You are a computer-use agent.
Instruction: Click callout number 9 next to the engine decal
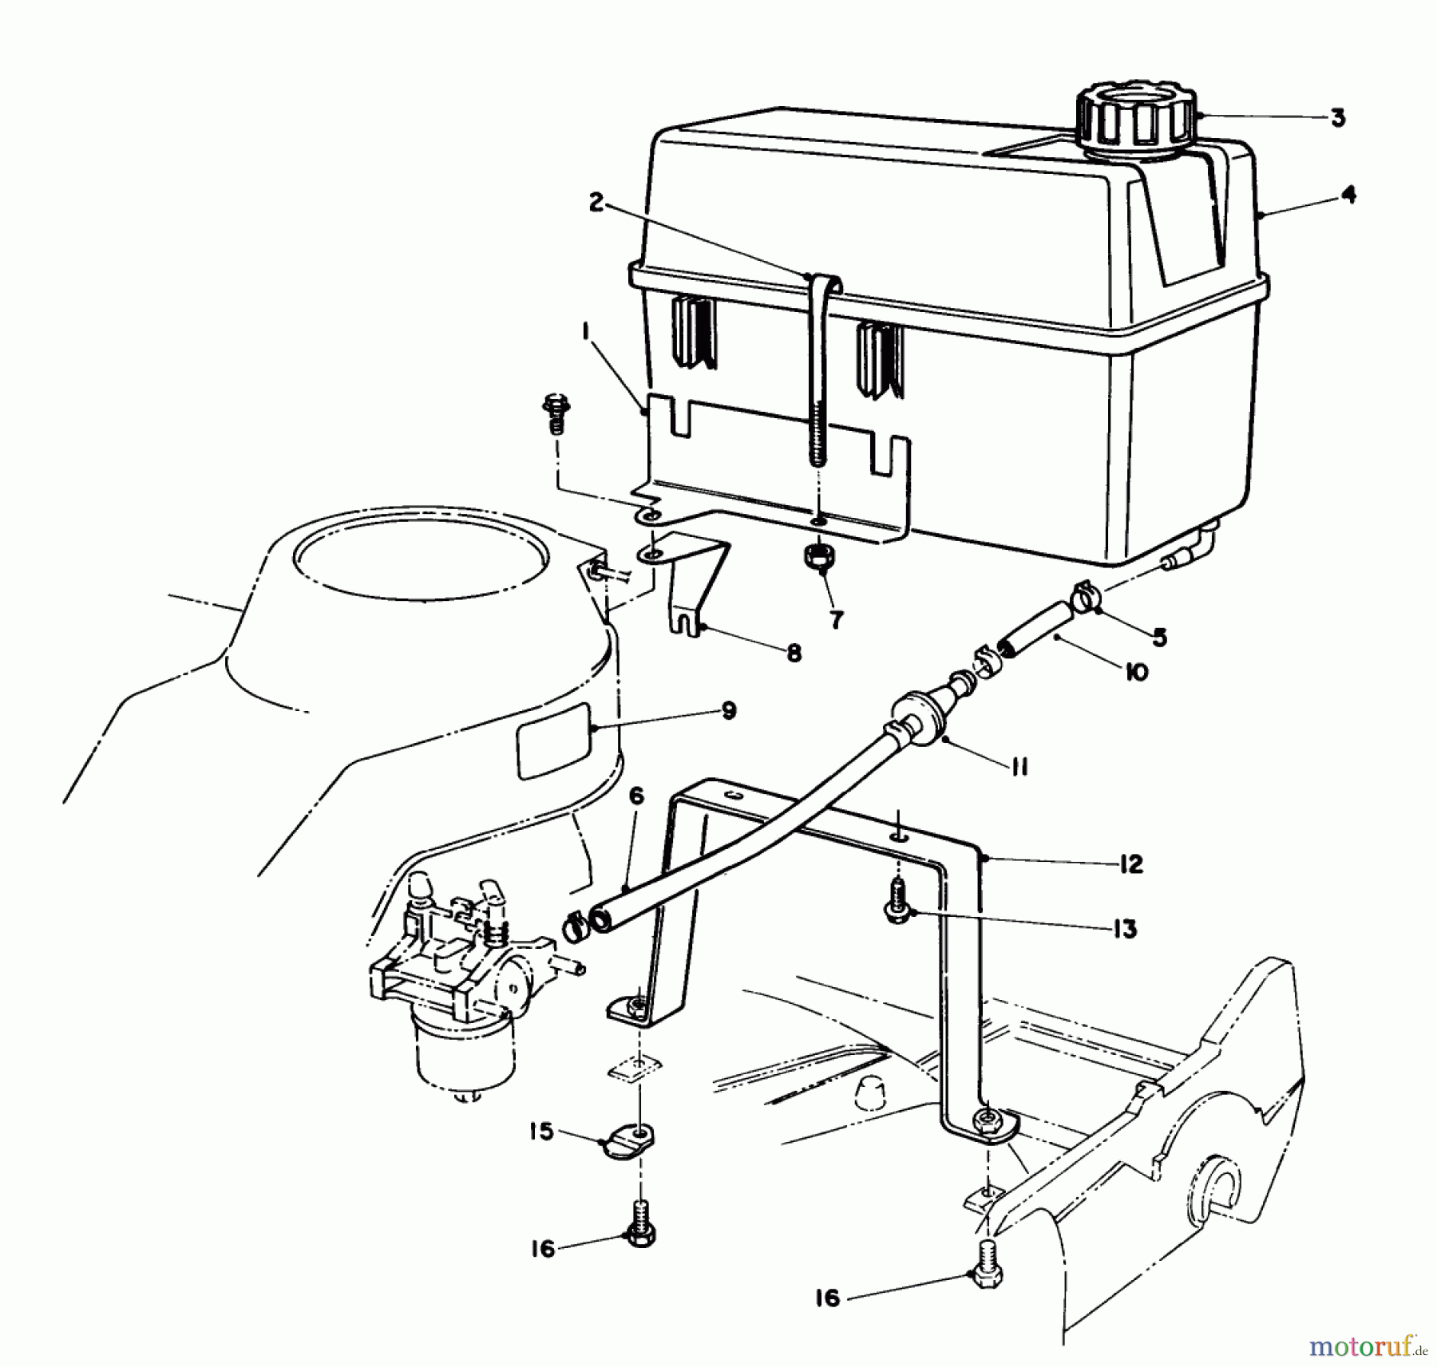[727, 710]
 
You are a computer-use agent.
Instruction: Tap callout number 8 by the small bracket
[792, 654]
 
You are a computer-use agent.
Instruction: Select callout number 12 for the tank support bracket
[1130, 864]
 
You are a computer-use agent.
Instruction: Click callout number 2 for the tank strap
[596, 203]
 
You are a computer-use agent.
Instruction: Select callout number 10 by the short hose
[1134, 671]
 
